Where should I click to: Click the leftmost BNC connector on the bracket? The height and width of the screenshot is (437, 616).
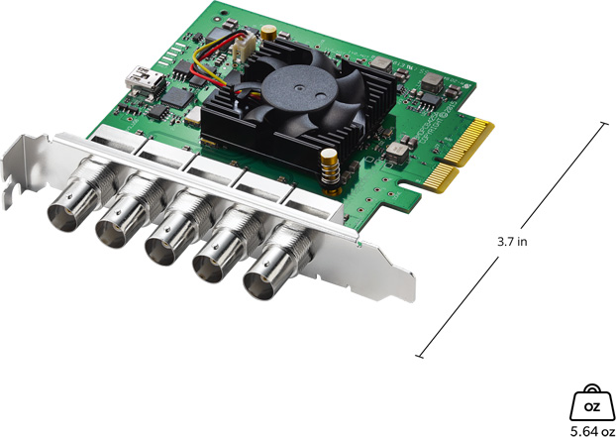[70, 210]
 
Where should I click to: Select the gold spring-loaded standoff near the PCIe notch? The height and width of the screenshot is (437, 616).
[330, 169]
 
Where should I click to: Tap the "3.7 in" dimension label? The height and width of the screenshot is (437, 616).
[512, 241]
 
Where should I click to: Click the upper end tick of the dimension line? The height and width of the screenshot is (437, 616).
[603, 123]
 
